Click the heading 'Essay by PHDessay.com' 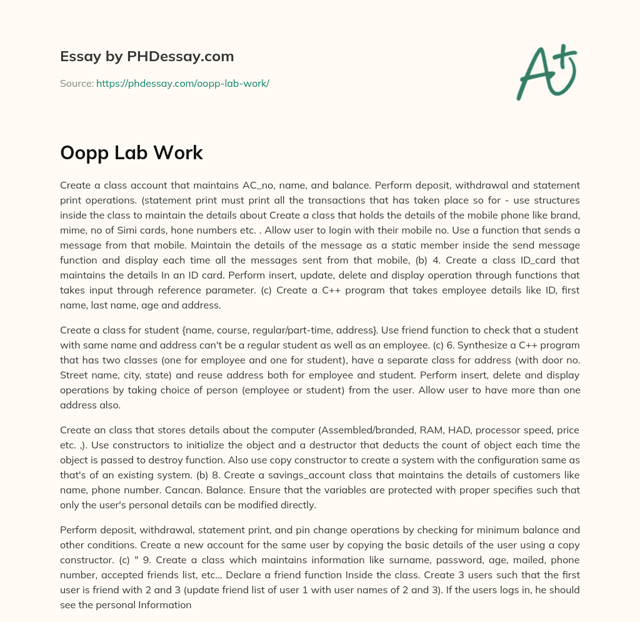pyautogui.click(x=147, y=57)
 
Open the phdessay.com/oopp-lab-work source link pyautogui.click(x=182, y=83)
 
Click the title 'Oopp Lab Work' pyautogui.click(x=131, y=153)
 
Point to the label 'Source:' pyautogui.click(x=77, y=83)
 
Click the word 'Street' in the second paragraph pyautogui.click(x=75, y=375)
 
